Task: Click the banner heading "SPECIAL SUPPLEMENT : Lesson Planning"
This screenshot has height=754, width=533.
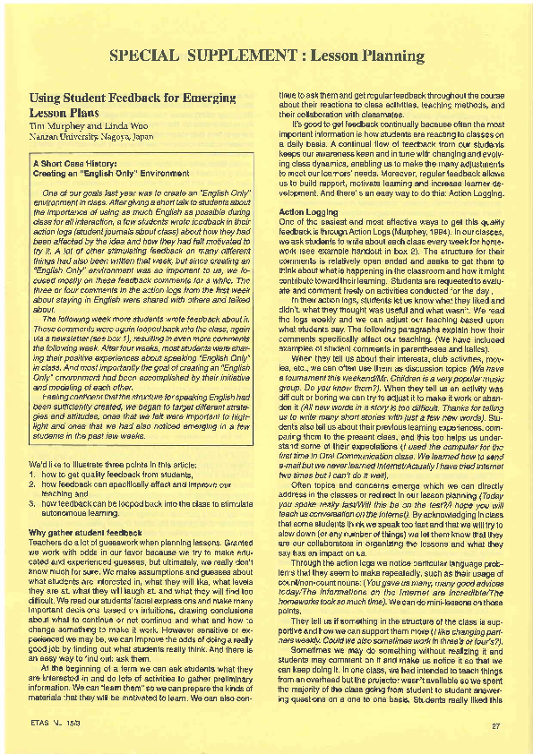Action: (x=266, y=56)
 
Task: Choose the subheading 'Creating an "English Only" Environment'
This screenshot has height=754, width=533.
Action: (x=111, y=174)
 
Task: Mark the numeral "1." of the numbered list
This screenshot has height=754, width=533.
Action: (x=32, y=475)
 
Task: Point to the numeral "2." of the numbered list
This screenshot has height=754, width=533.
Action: (x=32, y=484)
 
